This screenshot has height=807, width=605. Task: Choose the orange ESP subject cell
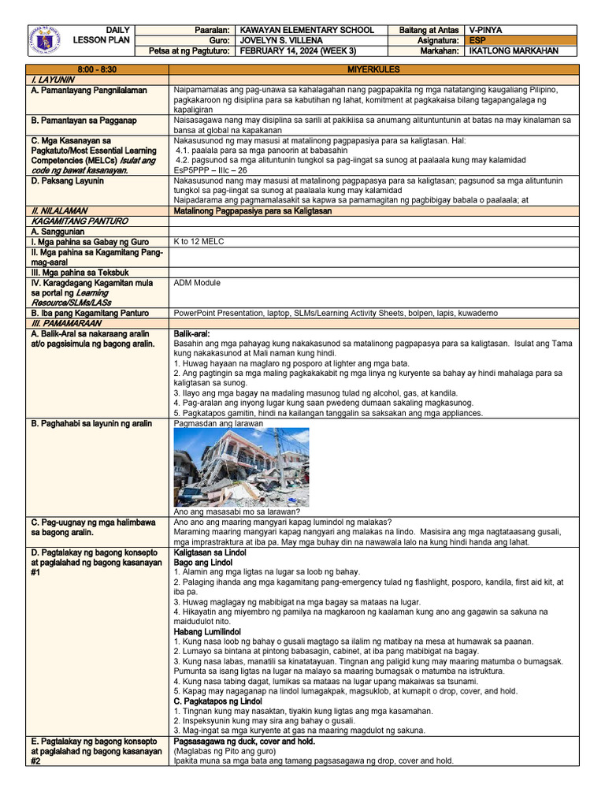(521, 40)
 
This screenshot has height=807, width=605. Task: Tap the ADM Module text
(197, 282)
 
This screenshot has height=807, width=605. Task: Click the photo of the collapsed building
(241, 467)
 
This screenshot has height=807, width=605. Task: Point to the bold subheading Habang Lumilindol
(207, 632)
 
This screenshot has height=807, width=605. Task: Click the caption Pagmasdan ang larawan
(218, 423)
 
